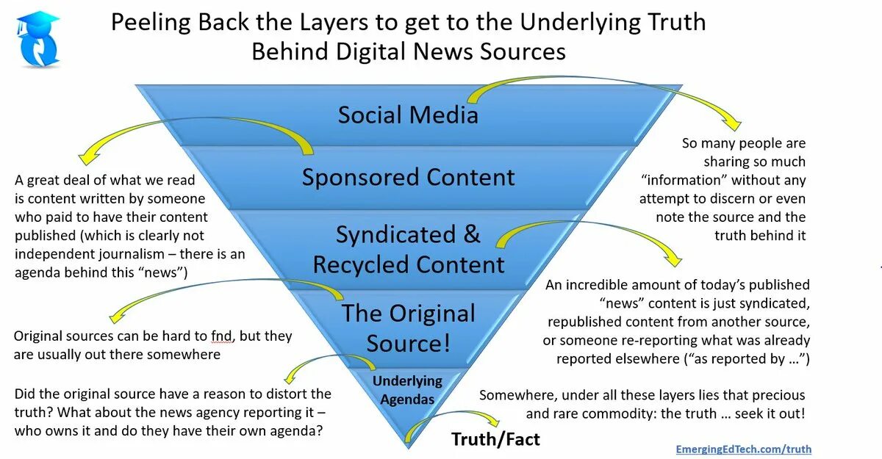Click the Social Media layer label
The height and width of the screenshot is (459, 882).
click(408, 115)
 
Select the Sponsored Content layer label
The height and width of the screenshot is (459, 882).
click(408, 178)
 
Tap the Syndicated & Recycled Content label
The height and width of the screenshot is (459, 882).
click(409, 250)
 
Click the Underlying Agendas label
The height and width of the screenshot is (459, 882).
click(406, 390)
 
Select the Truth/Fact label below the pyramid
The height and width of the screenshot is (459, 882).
click(495, 439)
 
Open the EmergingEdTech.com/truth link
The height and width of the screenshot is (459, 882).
click(744, 449)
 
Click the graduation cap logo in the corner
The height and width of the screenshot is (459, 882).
click(37, 38)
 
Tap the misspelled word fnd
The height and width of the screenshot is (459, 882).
click(223, 336)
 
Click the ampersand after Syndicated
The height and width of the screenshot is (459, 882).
click(471, 234)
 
